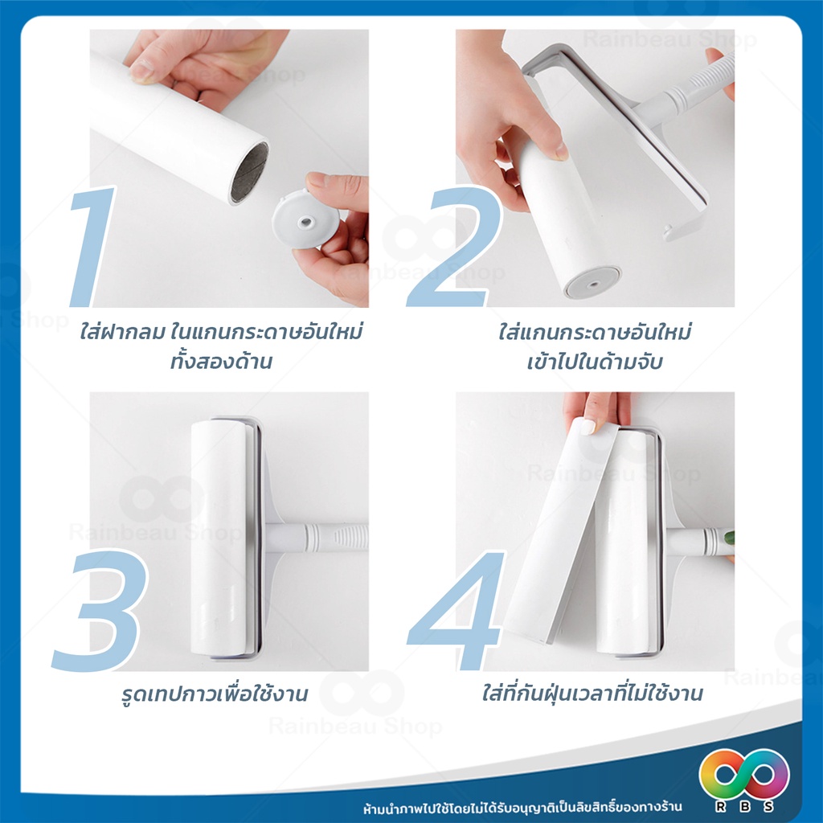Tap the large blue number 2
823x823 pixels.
[455, 247]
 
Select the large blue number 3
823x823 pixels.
[100, 609]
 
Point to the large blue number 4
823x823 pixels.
[457, 609]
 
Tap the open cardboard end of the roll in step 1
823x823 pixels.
[249, 172]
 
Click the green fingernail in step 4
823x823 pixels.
[729, 538]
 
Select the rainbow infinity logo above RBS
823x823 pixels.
[744, 774]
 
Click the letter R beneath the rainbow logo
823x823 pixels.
[721, 806]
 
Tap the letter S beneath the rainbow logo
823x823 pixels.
[768, 806]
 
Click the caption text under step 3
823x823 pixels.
[214, 694]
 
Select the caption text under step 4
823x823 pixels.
[592, 694]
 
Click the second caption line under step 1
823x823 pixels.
[221, 361]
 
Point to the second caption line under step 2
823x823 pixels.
[595, 362]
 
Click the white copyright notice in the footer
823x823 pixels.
[522, 807]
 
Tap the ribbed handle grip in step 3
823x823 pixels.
[350, 538]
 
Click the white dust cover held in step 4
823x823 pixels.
[563, 530]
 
